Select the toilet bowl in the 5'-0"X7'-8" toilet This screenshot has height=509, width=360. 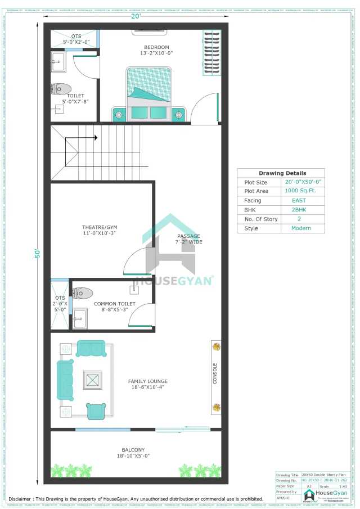click(61, 88)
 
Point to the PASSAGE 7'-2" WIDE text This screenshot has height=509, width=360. click(189, 239)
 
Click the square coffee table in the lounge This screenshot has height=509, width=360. click(93, 380)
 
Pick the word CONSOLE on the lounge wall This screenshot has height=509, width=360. click(215, 373)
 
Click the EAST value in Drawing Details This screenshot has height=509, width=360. click(299, 200)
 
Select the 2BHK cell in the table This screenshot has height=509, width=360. click(299, 210)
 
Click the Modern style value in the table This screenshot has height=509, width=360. click(301, 228)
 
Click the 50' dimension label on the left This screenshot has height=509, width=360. click(37, 253)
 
